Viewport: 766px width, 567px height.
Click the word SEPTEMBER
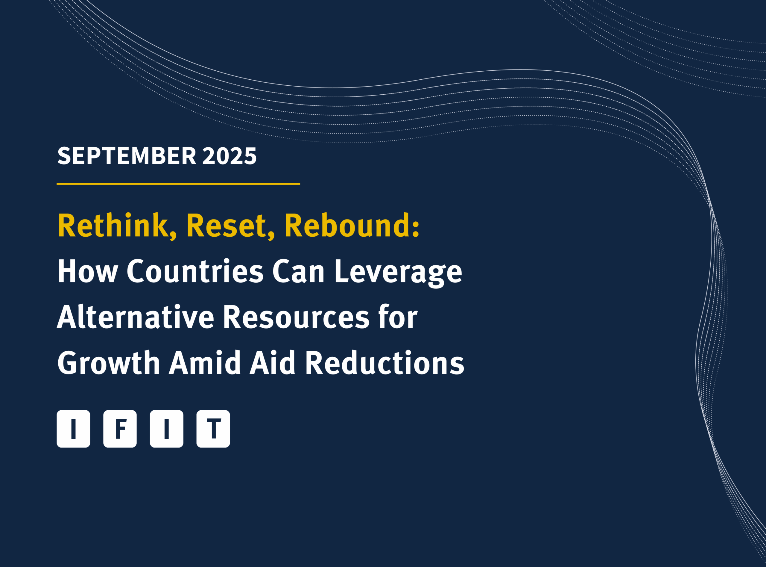(x=127, y=156)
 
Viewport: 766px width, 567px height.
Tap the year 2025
(x=230, y=156)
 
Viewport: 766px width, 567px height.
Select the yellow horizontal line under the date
(x=178, y=184)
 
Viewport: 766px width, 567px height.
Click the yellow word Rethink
(x=117, y=226)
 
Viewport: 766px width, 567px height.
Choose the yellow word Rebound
(x=352, y=226)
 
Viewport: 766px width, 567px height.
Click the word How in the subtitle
(x=88, y=271)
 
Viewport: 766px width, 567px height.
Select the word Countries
(x=195, y=271)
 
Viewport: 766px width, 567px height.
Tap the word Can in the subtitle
(x=298, y=271)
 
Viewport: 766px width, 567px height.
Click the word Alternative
(x=136, y=317)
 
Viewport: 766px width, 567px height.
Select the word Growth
(x=109, y=362)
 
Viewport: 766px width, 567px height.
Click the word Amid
(x=205, y=362)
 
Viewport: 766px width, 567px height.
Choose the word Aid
(x=273, y=362)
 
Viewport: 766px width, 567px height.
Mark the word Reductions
(x=385, y=362)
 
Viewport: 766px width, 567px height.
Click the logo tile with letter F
(x=120, y=429)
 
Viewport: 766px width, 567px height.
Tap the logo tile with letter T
(x=213, y=429)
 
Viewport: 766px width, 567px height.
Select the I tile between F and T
(x=167, y=429)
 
